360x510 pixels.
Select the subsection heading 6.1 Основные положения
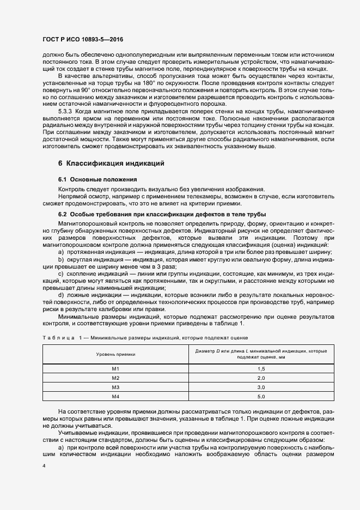[97, 179]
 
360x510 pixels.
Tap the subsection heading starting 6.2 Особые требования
[162, 215]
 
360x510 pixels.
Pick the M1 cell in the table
[115, 369]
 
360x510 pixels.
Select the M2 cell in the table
[115, 378]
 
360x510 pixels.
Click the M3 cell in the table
[115, 387]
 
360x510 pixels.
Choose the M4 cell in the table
[115, 396]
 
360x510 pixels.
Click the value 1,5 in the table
[261, 369]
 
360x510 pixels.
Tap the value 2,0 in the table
[261, 378]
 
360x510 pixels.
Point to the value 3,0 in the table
[261, 387]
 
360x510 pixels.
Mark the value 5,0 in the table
[261, 396]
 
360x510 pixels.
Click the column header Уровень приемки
[115, 354]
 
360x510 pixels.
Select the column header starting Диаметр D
[261, 354]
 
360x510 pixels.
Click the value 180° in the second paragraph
[142, 84]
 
